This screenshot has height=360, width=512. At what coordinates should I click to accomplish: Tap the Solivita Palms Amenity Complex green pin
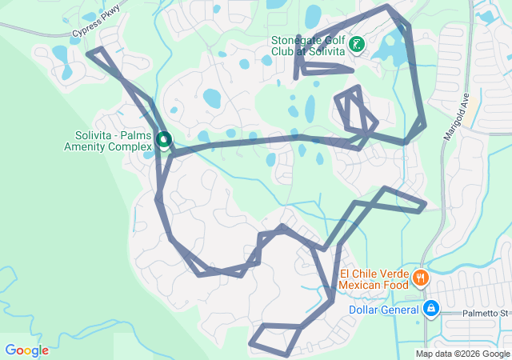tap(163, 140)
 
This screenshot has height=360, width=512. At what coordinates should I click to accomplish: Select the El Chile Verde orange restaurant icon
tap(421, 278)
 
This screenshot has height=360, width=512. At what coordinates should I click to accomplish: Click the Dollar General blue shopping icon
tap(430, 307)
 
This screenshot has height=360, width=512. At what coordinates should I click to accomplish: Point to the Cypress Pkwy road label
tap(94, 28)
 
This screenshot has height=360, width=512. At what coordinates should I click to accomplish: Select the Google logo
tap(26, 350)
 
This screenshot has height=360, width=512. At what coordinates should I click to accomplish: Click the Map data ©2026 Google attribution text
tap(462, 354)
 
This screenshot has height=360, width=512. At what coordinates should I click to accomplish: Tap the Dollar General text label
tap(384, 310)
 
